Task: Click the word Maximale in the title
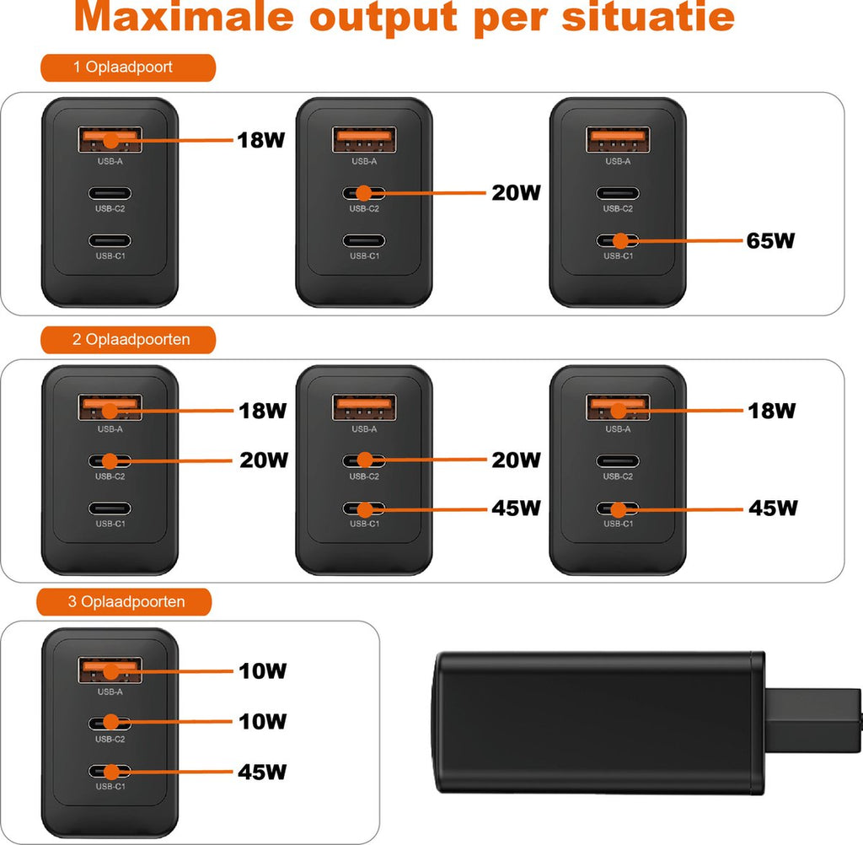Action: [184, 19]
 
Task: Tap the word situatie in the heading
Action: [648, 19]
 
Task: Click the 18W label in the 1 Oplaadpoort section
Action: [260, 139]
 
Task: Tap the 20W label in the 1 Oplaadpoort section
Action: [516, 193]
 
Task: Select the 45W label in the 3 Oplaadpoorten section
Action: [261, 772]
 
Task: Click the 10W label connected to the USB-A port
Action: [261, 671]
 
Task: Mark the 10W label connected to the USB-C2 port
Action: [261, 722]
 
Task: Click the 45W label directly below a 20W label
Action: [516, 509]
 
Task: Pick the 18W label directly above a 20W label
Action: [261, 411]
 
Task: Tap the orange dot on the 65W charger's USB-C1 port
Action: [621, 241]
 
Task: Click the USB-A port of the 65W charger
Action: [618, 139]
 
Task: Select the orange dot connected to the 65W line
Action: [621, 241]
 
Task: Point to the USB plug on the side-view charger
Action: [813, 714]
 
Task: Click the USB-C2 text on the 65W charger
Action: [618, 208]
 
